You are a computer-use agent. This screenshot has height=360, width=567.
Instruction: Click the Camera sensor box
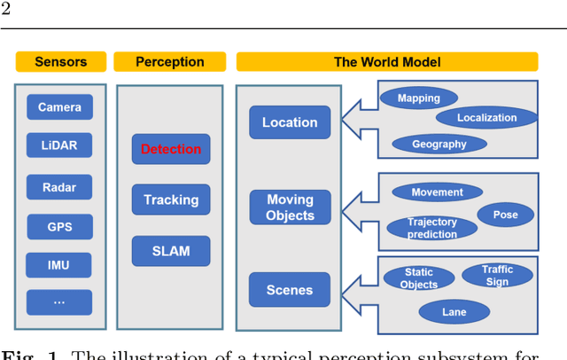(x=59, y=107)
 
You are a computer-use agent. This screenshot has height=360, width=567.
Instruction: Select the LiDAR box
(x=59, y=146)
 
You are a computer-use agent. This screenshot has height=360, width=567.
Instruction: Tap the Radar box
(x=59, y=187)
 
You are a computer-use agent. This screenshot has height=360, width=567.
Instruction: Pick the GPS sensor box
(x=59, y=227)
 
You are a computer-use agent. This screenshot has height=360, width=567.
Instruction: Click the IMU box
(x=59, y=264)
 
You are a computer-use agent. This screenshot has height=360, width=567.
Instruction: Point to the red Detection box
(x=171, y=149)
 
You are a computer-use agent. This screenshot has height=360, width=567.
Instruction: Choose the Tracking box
(x=171, y=200)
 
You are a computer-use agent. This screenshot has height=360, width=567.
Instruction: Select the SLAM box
(x=171, y=251)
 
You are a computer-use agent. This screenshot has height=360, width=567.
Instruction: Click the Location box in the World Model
(x=290, y=122)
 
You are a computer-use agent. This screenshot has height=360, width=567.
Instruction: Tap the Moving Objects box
(x=290, y=207)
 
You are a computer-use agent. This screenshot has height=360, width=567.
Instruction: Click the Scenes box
(x=290, y=290)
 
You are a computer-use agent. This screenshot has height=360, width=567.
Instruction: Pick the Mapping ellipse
(x=419, y=98)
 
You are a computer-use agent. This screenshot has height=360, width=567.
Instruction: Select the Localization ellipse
(x=486, y=117)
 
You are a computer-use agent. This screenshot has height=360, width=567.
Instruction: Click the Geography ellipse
(x=439, y=144)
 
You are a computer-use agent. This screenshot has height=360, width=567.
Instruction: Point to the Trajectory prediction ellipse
(x=432, y=228)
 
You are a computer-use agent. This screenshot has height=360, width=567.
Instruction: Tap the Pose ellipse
(x=506, y=215)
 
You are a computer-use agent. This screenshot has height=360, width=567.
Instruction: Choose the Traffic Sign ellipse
(x=497, y=275)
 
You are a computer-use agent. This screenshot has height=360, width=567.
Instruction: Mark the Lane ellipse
(x=454, y=311)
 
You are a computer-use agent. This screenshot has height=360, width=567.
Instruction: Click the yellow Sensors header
(x=60, y=62)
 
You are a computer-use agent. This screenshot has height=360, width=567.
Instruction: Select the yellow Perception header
(x=170, y=62)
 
